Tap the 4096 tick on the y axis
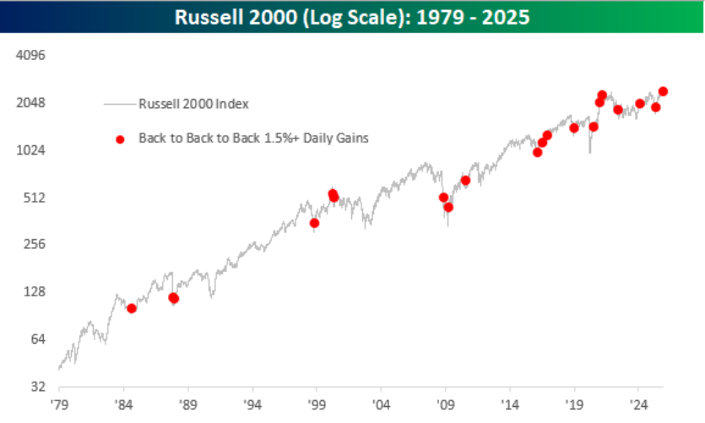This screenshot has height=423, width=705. [x=32, y=56]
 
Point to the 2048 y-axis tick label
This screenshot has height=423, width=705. [x=32, y=103]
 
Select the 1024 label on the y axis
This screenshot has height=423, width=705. [x=32, y=150]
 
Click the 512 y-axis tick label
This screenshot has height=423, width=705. [x=35, y=198]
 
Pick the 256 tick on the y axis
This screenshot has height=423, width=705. [x=35, y=245]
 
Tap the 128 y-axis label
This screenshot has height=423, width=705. [x=35, y=292]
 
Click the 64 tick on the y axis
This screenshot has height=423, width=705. [x=38, y=339]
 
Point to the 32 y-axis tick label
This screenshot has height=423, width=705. [x=38, y=387]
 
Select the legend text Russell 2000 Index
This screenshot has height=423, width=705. [x=193, y=104]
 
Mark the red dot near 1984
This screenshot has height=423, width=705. [x=131, y=308]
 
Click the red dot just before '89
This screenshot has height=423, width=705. [x=174, y=298]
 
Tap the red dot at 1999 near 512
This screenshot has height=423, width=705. [x=314, y=223]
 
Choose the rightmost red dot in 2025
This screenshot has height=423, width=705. [x=663, y=91]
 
